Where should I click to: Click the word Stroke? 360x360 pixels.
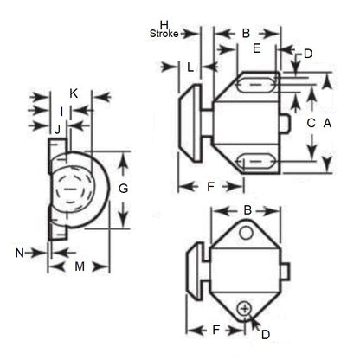[x=164, y=34]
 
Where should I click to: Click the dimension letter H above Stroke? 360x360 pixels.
[x=163, y=23]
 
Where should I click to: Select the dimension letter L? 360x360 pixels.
[x=189, y=66]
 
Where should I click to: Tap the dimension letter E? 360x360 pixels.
[x=257, y=49]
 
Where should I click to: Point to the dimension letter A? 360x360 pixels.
[x=327, y=124]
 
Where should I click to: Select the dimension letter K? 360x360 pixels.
[x=74, y=93]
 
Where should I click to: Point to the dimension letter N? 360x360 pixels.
[x=19, y=252]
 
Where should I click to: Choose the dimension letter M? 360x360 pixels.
[x=79, y=267]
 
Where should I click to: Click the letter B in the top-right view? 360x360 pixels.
[x=246, y=33]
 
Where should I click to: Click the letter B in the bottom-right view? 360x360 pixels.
[x=247, y=210]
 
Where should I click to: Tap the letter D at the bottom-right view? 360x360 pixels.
[x=266, y=333]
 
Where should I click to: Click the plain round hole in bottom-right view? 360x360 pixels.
[x=247, y=234]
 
